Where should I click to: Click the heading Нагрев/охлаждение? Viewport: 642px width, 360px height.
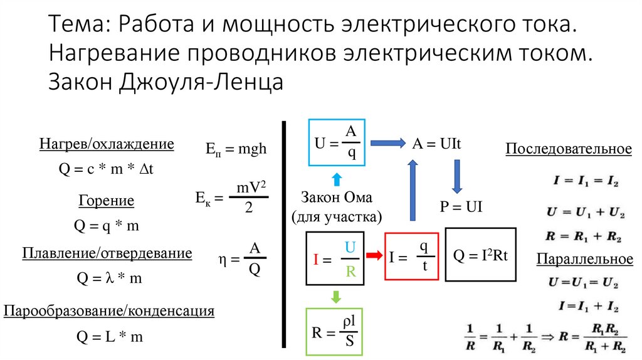(107, 144)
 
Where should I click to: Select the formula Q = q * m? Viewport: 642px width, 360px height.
(107, 226)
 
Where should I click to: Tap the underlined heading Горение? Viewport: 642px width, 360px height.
(107, 201)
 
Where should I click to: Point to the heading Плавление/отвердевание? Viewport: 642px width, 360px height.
(107, 253)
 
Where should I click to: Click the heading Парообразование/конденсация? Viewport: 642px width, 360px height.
(109, 310)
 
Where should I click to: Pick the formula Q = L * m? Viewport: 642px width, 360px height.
(110, 337)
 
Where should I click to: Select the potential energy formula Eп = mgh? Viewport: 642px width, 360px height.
(236, 149)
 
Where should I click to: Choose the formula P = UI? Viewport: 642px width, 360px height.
(460, 208)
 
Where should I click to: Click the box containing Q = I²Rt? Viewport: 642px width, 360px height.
(480, 255)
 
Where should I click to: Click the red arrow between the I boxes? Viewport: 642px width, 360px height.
(374, 255)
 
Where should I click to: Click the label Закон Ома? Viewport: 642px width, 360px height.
(336, 198)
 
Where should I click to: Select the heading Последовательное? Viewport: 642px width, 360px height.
(568, 149)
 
